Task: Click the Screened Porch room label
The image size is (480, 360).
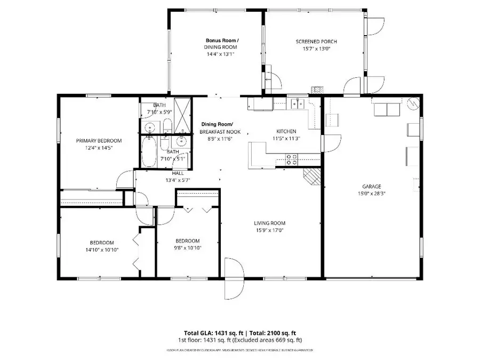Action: click(316, 42)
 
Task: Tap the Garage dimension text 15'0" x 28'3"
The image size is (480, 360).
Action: click(372, 194)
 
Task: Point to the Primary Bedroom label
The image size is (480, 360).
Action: click(99, 141)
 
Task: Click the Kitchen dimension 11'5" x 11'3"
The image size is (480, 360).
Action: click(286, 138)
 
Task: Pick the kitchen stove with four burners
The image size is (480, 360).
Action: click(293, 158)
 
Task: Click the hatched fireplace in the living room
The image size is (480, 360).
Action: click(311, 176)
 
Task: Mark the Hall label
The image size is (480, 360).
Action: click(178, 173)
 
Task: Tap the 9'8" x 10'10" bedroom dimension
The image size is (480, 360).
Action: click(188, 247)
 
